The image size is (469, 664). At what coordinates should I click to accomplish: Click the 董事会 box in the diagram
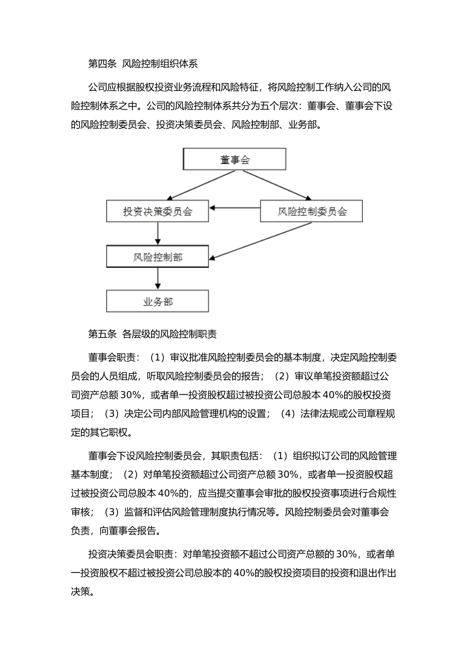234,160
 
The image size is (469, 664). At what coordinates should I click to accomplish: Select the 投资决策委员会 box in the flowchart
157,211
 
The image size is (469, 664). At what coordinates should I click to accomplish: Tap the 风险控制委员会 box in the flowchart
312,211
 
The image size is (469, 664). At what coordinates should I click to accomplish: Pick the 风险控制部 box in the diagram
157,257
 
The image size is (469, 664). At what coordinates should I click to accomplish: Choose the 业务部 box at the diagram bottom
157,301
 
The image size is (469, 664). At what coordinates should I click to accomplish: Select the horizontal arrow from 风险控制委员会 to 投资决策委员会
234,207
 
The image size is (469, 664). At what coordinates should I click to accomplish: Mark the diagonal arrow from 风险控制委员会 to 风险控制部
262,241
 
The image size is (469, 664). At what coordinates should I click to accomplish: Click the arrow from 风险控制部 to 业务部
157,279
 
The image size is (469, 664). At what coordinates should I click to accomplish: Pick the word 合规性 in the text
383,493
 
